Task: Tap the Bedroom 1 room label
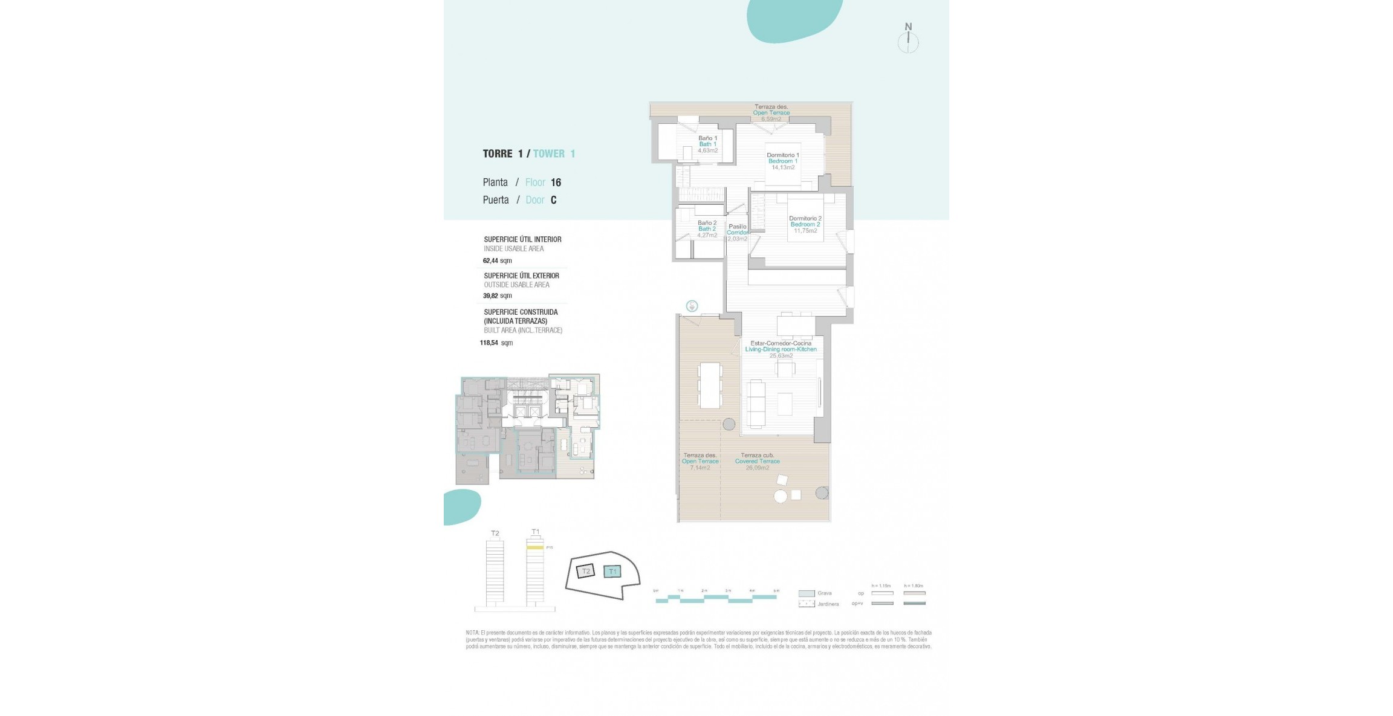click(x=783, y=161)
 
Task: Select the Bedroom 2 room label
click(x=805, y=225)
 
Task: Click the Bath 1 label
click(x=707, y=144)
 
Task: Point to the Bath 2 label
click(x=707, y=229)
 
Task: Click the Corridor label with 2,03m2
click(x=737, y=233)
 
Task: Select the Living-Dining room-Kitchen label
click(x=781, y=349)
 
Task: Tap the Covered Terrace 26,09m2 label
click(x=758, y=462)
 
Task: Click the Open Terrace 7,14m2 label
click(x=700, y=462)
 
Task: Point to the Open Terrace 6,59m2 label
click(x=771, y=113)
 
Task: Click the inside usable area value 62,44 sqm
click(x=497, y=261)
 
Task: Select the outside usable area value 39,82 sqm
click(x=497, y=296)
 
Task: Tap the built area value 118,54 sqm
click(x=496, y=343)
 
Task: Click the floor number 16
click(x=556, y=182)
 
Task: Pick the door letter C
click(x=553, y=200)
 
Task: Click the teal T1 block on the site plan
click(x=613, y=571)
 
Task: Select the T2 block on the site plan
click(x=585, y=571)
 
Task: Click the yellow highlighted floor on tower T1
click(x=535, y=547)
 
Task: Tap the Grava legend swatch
click(x=807, y=593)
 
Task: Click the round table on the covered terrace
click(x=781, y=496)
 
